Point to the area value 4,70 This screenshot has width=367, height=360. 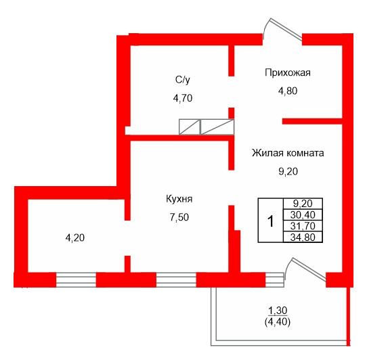pyautogui.click(x=183, y=97)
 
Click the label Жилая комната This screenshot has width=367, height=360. pyautogui.click(x=288, y=152)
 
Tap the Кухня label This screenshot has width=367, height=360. pyautogui.click(x=179, y=199)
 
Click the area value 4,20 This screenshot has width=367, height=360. pyautogui.click(x=74, y=238)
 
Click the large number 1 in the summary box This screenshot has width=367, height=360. pyautogui.click(x=270, y=221)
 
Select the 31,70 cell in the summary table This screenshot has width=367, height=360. pyautogui.click(x=302, y=226)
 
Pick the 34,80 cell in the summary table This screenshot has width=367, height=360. pyautogui.click(x=302, y=237)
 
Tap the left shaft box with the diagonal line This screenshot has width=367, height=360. pyautogui.click(x=189, y=127)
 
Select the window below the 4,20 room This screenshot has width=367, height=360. pyautogui.click(x=75, y=279)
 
